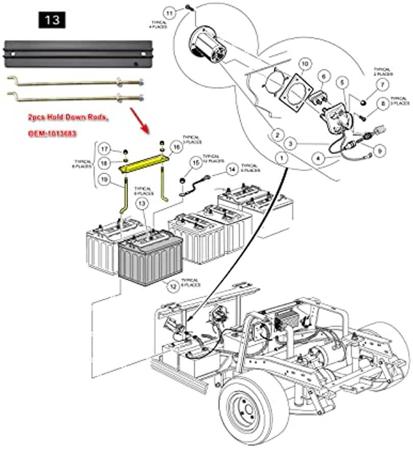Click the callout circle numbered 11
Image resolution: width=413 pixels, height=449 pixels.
[170, 11]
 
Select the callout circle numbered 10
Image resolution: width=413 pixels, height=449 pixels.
[304, 64]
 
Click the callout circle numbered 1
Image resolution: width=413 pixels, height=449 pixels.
[280, 158]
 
